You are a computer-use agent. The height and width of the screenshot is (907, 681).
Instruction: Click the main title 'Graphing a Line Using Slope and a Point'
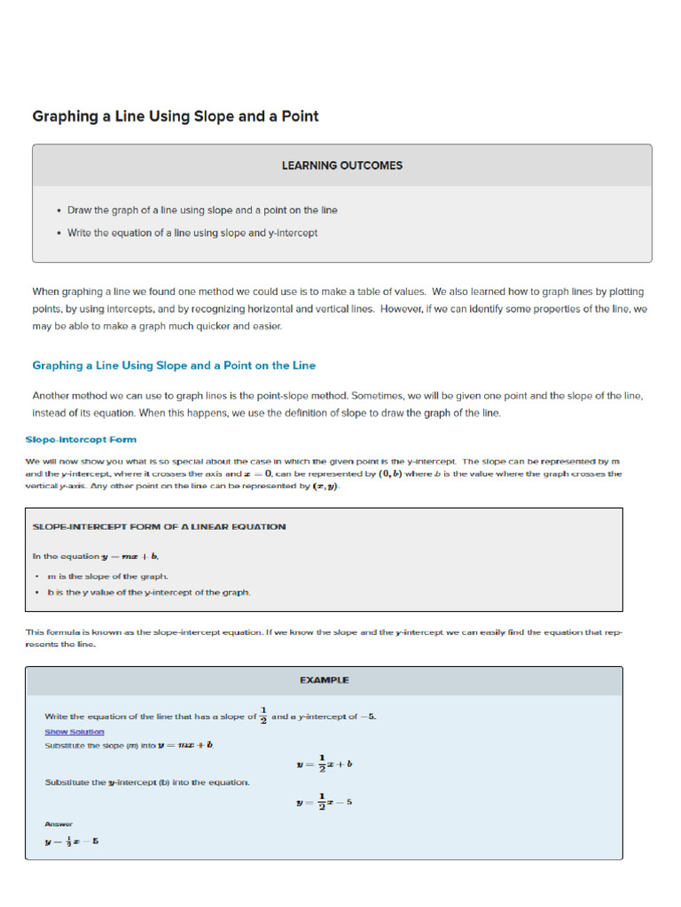tap(176, 116)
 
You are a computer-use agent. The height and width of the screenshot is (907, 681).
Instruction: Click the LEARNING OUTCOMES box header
tap(341, 166)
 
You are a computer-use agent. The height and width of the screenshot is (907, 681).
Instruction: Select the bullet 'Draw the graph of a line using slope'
tap(202, 210)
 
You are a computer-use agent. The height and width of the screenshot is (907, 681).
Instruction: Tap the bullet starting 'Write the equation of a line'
tap(192, 233)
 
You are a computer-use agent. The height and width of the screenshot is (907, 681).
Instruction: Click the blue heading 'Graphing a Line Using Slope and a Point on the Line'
tap(174, 365)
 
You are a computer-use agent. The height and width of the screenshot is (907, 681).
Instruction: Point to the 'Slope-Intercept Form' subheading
tap(81, 439)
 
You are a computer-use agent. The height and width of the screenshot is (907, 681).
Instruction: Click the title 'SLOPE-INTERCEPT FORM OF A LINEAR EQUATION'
tap(159, 526)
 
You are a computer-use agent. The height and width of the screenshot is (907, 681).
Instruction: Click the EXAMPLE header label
tap(324, 680)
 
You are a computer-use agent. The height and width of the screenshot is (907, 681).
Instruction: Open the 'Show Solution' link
tap(74, 732)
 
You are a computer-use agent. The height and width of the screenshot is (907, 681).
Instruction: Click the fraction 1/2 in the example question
tap(263, 716)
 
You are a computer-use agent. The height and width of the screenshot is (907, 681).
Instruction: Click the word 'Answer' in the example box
tap(59, 824)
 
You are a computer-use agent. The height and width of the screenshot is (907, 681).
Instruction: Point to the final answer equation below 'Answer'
tap(72, 841)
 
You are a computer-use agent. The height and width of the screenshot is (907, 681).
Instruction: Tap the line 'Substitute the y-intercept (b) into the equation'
tap(147, 782)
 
